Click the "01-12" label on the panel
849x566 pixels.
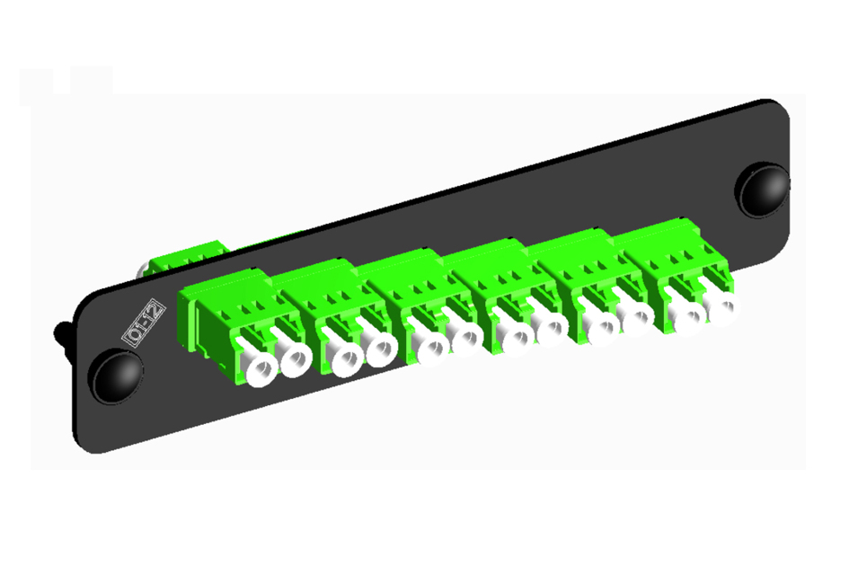(x=144, y=323)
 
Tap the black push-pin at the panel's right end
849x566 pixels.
(x=763, y=190)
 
